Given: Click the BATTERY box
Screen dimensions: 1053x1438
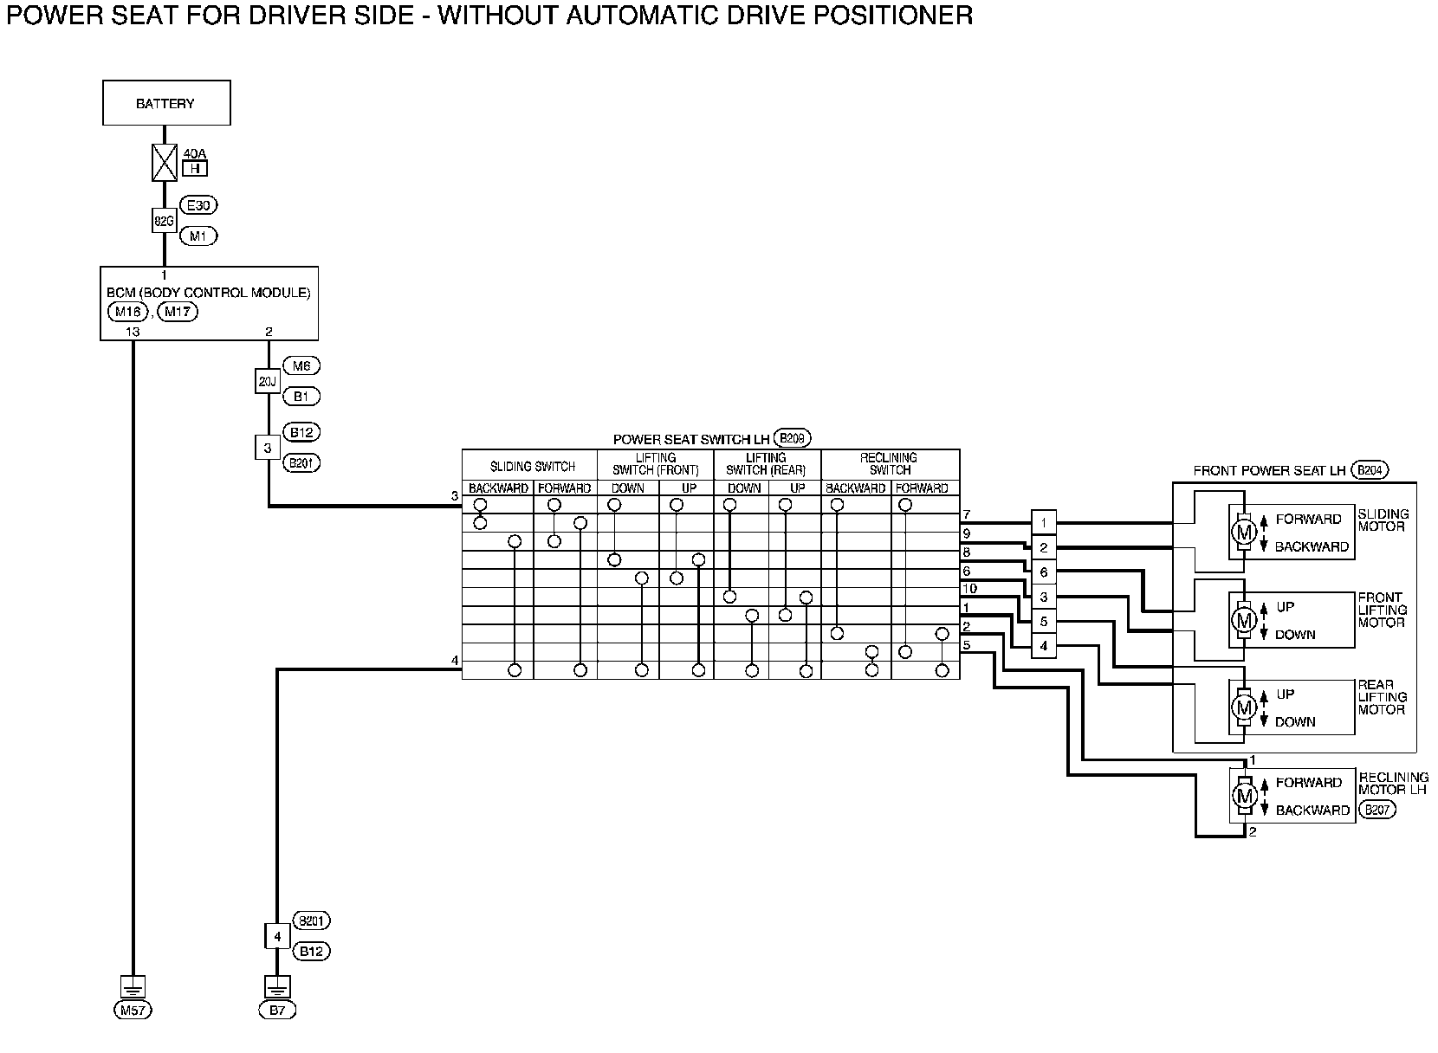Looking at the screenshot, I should (x=166, y=103).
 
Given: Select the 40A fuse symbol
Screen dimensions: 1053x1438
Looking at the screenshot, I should (x=165, y=163).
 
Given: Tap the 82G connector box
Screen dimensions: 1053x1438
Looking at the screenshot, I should (x=164, y=221).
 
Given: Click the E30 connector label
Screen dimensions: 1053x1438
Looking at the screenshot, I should (x=198, y=206).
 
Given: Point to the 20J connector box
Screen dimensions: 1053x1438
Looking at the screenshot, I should (x=268, y=381).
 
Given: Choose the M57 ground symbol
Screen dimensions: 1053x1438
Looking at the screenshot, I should (x=133, y=987).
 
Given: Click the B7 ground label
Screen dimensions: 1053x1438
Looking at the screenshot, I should (x=276, y=1010).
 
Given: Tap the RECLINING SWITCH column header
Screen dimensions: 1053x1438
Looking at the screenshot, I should (x=890, y=464).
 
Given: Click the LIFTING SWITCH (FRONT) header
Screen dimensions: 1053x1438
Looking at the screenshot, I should (x=655, y=464).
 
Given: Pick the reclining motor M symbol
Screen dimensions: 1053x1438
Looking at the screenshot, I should (x=1245, y=795).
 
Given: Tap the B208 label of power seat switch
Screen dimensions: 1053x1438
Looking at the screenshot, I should (x=792, y=438).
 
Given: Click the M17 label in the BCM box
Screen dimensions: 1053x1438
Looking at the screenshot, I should (x=178, y=312).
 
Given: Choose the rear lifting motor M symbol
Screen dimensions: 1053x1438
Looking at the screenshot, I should (x=1245, y=707).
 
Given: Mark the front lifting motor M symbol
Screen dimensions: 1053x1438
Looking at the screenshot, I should (x=1245, y=619).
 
